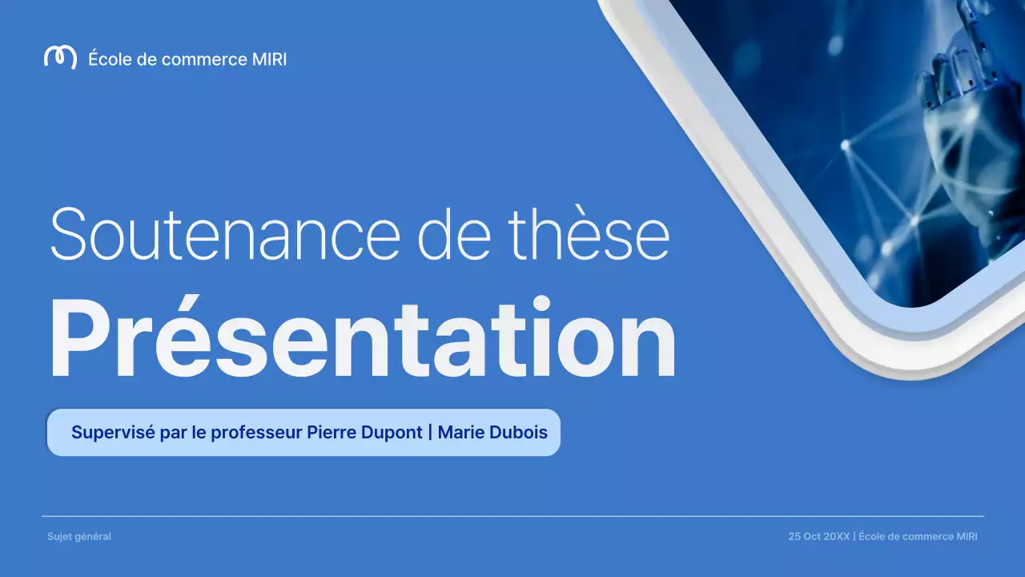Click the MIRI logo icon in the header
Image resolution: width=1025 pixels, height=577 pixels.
[60, 58]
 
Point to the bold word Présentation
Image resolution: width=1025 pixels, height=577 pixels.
[362, 339]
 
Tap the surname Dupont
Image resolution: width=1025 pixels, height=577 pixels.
[392, 433]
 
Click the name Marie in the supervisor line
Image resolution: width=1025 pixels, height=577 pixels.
[462, 433]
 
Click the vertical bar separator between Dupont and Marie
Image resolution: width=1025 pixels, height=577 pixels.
[430, 433]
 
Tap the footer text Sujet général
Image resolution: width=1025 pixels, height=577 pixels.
[79, 537]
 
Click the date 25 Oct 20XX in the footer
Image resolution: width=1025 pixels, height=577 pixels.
[818, 537]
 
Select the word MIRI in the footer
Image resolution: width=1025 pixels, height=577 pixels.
[967, 537]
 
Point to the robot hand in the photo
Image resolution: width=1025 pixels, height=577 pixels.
[957, 104]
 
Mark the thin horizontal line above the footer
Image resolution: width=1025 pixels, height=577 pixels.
[512, 516]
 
